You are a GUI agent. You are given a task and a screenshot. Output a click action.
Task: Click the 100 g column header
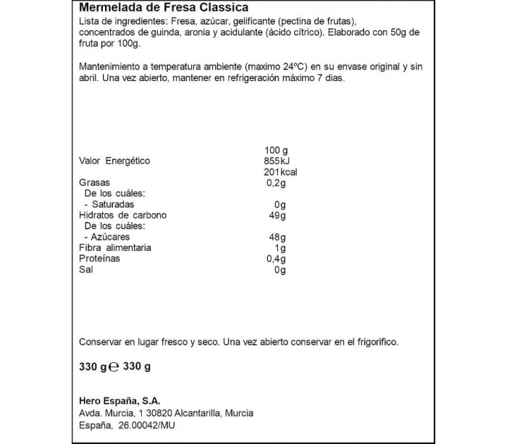click(276, 150)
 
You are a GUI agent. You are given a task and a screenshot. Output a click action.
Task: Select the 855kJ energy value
click(277, 161)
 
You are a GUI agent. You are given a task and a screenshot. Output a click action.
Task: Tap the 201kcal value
click(281, 172)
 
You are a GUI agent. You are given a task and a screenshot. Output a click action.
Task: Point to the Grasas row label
click(94, 183)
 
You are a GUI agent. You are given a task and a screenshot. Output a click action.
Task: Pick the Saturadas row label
click(111, 205)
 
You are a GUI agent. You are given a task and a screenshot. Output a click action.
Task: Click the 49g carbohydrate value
click(278, 215)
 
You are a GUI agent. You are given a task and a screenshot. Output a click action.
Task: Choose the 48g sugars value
click(278, 237)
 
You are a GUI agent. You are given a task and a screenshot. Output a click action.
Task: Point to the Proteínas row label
click(99, 259)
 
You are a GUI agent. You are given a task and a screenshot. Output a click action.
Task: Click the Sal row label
click(85, 270)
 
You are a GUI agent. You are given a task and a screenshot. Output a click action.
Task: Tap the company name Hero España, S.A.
click(119, 401)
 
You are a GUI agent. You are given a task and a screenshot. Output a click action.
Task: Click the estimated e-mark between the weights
click(112, 367)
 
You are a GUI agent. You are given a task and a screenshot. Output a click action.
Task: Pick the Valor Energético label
click(114, 161)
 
